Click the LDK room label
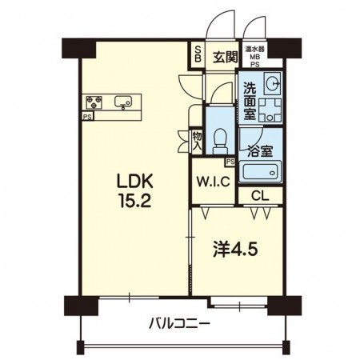click(135, 182)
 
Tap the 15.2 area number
click(135, 201)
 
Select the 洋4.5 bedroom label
click(235, 250)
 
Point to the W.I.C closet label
click(214, 182)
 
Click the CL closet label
click(260, 196)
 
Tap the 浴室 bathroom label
click(260, 151)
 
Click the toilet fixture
click(220, 141)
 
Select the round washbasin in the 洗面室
click(272, 83)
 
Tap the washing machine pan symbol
click(270, 110)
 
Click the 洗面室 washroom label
click(250, 102)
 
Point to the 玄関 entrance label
click(225, 57)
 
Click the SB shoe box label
click(198, 54)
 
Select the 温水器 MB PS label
click(255, 57)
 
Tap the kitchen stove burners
click(94, 102)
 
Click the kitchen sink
click(123, 102)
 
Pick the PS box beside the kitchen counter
click(87, 117)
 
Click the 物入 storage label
click(198, 142)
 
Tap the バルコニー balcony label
click(179, 325)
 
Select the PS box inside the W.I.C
click(230, 162)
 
